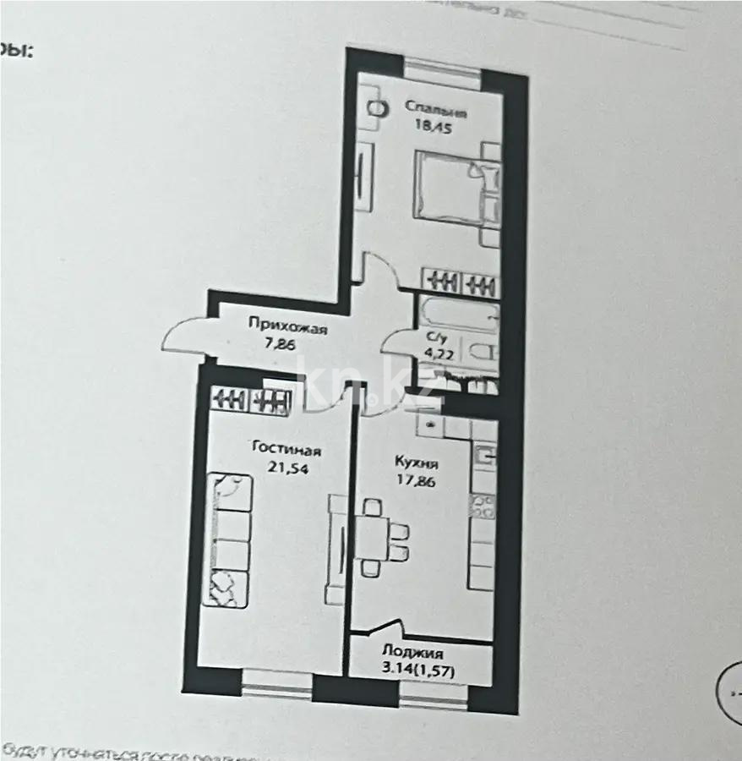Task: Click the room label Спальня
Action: [x=435, y=108]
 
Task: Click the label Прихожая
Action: [x=287, y=322]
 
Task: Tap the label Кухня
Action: [x=416, y=463]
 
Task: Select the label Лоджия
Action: [x=412, y=652]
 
